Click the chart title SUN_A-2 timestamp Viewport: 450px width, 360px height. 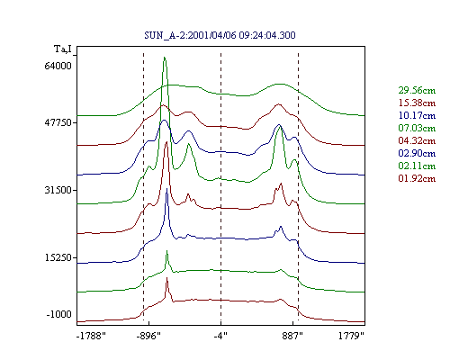tap(220, 35)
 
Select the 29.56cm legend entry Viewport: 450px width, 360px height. tap(417, 90)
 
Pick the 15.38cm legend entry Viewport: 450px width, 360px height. tap(417, 103)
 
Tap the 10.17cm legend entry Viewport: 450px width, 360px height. tap(417, 115)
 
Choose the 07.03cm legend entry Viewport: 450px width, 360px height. tap(417, 128)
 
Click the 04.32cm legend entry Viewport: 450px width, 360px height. tap(417, 140)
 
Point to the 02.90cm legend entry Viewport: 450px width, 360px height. tap(417, 153)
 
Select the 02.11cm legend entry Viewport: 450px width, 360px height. tap(417, 166)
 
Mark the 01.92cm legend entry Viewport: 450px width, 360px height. tap(417, 178)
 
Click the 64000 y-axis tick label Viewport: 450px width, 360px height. tap(58, 66)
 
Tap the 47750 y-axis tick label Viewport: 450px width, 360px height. tap(58, 122)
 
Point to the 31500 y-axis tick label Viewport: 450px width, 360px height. tap(58, 190)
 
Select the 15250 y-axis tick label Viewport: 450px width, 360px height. tap(58, 257)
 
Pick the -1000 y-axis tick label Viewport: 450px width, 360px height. tap(59, 314)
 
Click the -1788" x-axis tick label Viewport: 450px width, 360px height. tap(91, 336)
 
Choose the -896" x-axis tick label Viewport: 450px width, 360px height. tap(148, 336)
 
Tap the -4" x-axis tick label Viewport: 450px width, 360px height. tap(220, 336)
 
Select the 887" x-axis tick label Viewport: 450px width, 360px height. tap(292, 336)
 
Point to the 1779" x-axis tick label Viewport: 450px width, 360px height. tap(351, 336)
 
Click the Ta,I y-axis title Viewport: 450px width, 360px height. tap(63, 49)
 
